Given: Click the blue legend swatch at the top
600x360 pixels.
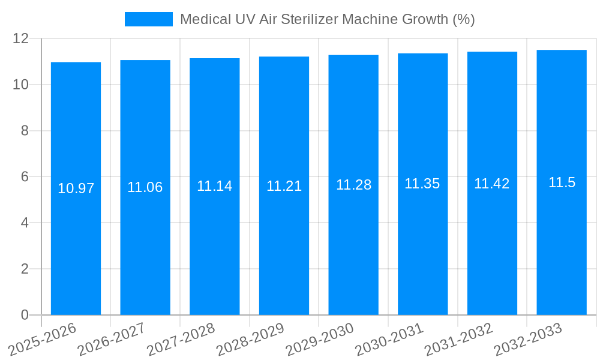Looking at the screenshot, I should tap(148, 19).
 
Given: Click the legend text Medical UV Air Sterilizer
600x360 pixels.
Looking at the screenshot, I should tap(327, 19).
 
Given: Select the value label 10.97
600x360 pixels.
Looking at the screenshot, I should tap(76, 188).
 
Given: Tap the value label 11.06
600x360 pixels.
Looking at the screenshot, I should tap(145, 187).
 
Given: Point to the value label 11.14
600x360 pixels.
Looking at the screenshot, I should tap(214, 186).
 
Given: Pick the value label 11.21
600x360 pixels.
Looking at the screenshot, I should tap(284, 186).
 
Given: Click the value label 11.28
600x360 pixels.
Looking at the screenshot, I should tap(353, 185).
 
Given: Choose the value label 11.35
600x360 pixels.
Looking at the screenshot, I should tap(422, 184).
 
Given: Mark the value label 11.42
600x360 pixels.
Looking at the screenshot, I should tap(491, 184).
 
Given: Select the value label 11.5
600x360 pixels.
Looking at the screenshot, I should tap(562, 182).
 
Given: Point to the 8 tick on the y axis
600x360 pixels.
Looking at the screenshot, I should tap(25, 131).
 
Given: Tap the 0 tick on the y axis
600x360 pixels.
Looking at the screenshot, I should tap(25, 315).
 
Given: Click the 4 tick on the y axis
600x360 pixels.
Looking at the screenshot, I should tap(25, 223).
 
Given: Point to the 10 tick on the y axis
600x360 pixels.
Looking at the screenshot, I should tap(21, 85).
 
